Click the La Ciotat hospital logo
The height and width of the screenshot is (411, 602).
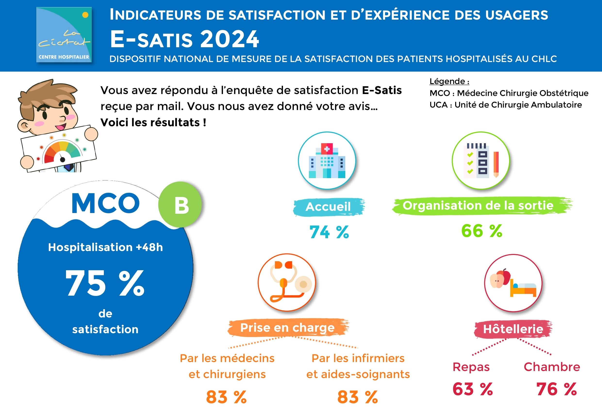tap(64, 34)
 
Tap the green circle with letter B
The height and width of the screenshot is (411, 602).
tap(180, 205)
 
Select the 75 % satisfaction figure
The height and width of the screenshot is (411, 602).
tap(105, 283)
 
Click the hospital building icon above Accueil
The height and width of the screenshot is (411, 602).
tap(327, 161)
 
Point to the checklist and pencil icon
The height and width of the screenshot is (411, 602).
tap(481, 161)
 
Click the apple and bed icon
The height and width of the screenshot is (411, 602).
tap(513, 283)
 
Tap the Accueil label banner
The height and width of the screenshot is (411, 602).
tap(329, 207)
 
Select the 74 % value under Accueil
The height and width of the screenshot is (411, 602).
tap(329, 232)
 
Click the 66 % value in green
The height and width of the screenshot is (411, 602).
tap(482, 231)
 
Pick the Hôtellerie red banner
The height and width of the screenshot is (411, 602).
tap(513, 329)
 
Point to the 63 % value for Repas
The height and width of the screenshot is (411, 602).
tap(472, 389)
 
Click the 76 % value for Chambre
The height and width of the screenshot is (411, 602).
tap(556, 389)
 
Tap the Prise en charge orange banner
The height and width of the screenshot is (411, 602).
tap(288, 328)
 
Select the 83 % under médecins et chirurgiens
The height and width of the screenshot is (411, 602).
tap(226, 397)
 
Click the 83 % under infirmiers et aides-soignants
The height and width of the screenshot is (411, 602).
tap(358, 397)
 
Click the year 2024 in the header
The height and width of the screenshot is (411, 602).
tap(230, 39)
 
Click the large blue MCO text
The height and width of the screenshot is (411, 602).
tap(105, 203)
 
